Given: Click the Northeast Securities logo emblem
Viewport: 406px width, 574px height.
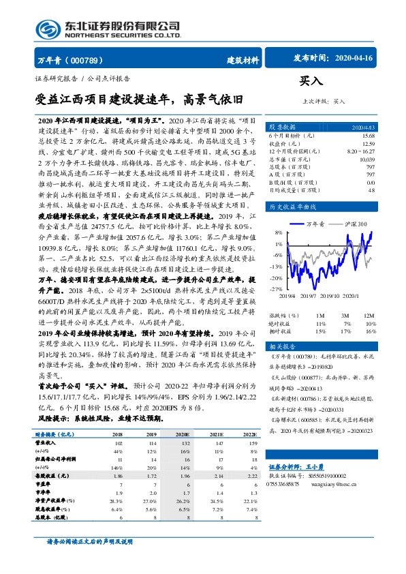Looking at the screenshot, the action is [48, 29].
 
